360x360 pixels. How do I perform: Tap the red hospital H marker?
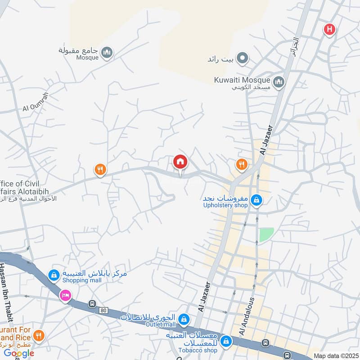tap(330, 30)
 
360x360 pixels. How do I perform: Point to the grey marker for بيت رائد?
tap(243, 58)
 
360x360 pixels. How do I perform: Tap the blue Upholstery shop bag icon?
tap(256, 199)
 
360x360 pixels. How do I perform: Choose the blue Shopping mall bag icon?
tap(54, 275)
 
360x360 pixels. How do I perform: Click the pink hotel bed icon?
tap(66, 296)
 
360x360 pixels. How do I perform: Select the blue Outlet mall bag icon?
tap(184, 319)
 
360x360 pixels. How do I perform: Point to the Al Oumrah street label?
tap(36, 102)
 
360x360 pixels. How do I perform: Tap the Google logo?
tap(19, 353)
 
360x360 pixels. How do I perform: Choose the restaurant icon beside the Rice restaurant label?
tap(39, 336)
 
